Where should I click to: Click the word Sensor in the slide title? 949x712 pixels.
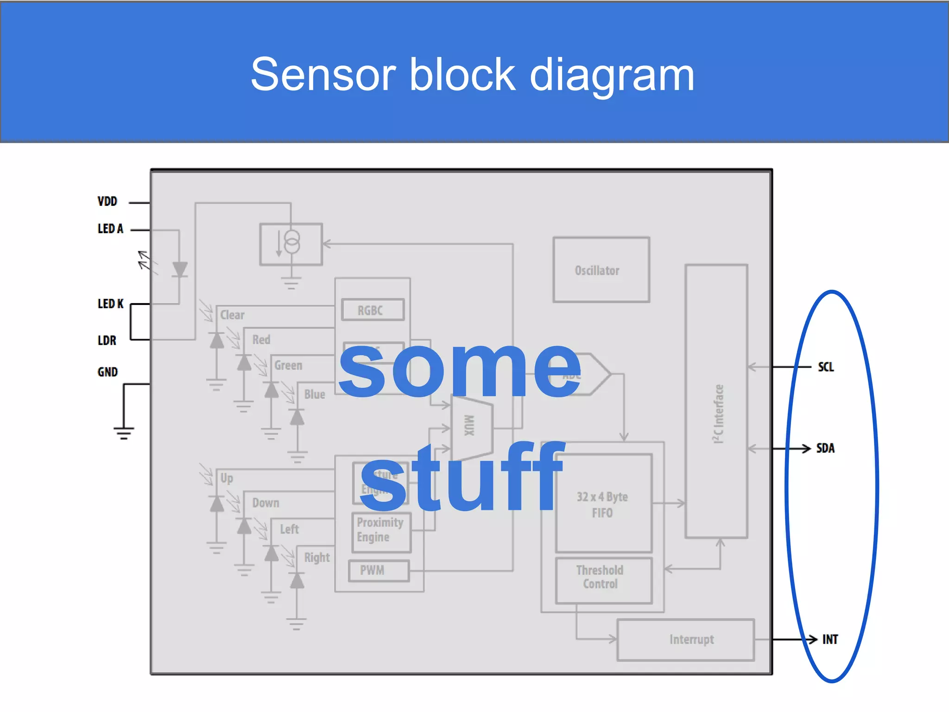click(x=323, y=75)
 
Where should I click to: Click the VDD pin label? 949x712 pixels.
click(x=107, y=202)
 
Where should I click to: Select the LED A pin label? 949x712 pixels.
click(x=110, y=229)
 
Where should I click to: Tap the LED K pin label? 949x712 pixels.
click(x=110, y=304)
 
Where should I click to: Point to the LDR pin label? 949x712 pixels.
click(x=107, y=341)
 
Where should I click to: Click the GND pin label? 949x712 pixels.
click(x=108, y=372)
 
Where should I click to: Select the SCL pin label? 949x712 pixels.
click(x=825, y=367)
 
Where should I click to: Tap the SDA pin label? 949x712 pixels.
click(x=825, y=448)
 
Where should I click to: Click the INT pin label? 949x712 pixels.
click(x=829, y=640)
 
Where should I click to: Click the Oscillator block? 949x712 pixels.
click(x=601, y=270)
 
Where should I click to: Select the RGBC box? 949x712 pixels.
click(x=373, y=310)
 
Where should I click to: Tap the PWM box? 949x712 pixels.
click(x=378, y=571)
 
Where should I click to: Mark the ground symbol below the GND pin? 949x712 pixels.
click(x=123, y=432)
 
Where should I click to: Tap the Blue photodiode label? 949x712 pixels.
click(x=314, y=394)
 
